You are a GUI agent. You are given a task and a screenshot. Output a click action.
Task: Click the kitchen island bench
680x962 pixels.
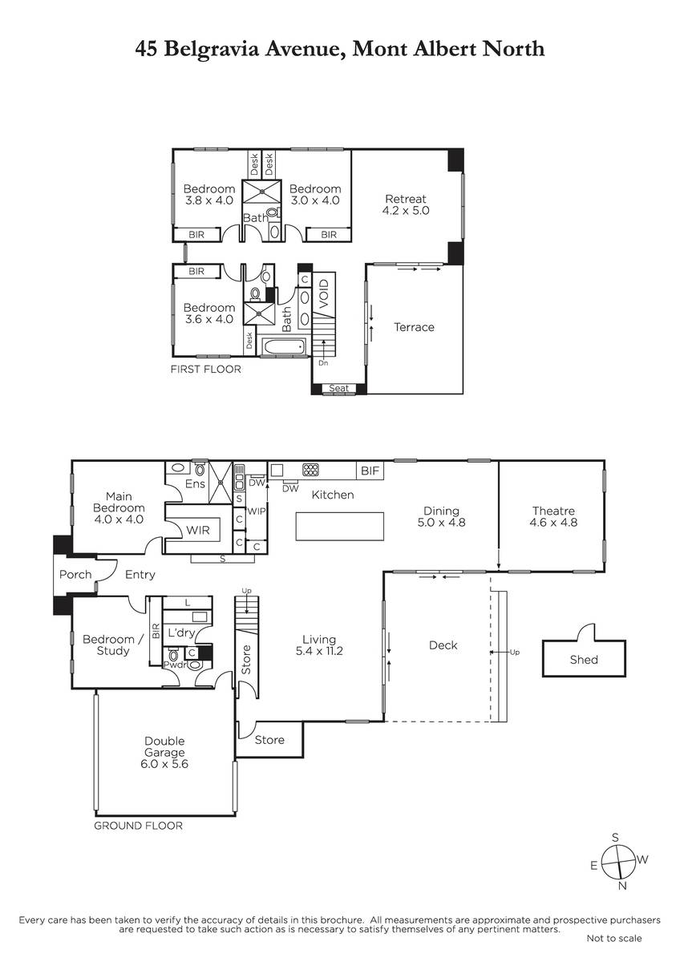[x=339, y=526]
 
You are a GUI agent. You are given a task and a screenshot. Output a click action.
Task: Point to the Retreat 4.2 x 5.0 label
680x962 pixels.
[x=406, y=204]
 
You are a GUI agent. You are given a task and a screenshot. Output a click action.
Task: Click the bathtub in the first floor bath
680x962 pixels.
[x=283, y=346]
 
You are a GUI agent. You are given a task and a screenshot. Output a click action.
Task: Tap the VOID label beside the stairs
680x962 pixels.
[x=324, y=293]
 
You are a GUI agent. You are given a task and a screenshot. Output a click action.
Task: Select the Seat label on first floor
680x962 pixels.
[x=338, y=388]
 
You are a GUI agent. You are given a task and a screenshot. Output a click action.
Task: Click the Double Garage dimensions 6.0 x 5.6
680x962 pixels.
[x=164, y=764]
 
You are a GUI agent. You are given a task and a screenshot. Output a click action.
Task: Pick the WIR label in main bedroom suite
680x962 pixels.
[x=197, y=530]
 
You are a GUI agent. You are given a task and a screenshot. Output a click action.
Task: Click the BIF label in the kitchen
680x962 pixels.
[x=370, y=471]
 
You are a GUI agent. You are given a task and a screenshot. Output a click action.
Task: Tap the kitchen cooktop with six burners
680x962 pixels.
[x=310, y=470]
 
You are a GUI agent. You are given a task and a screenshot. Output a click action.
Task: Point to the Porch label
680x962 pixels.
[x=75, y=574]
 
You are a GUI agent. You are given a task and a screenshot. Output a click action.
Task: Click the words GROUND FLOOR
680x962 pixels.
[x=138, y=826]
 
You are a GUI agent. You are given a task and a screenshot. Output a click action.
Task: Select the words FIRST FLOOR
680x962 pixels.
[x=206, y=369]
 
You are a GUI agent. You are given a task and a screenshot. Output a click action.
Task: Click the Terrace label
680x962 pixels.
[x=414, y=327]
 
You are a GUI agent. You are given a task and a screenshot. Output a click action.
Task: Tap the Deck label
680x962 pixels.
[x=443, y=645]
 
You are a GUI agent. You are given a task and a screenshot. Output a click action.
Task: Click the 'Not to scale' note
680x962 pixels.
[x=614, y=939]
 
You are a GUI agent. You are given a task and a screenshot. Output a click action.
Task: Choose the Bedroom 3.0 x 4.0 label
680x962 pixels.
[x=315, y=195]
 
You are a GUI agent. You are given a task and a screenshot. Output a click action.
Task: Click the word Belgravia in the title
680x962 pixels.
[x=212, y=49]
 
